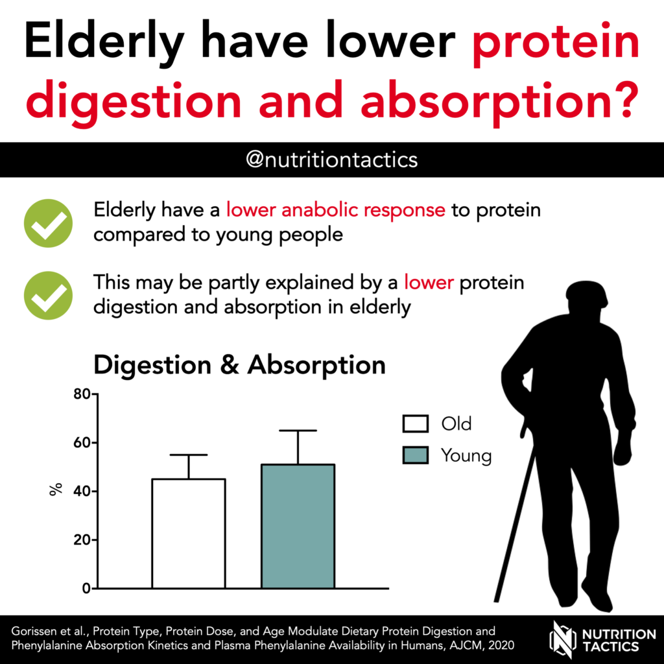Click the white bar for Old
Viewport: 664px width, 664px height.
pyautogui.click(x=189, y=534)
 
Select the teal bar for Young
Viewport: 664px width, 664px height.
pyautogui.click(x=298, y=527)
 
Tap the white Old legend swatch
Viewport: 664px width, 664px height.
pyautogui.click(x=416, y=423)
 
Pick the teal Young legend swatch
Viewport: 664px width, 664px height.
pyautogui.click(x=416, y=455)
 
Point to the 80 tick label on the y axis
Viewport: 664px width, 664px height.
pyautogui.click(x=82, y=394)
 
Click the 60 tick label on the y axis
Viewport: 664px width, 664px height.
pyautogui.click(x=82, y=443)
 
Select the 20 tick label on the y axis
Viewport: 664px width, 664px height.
pyautogui.click(x=82, y=540)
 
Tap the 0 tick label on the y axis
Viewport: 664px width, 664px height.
pyautogui.click(x=86, y=589)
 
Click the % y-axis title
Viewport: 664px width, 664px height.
pyautogui.click(x=56, y=489)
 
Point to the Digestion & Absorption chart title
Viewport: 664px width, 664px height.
pyautogui.click(x=240, y=365)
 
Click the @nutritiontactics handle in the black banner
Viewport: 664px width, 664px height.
pyautogui.click(x=331, y=160)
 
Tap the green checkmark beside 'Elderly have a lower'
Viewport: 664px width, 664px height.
pyautogui.click(x=48, y=223)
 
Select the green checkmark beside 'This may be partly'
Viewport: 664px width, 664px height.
pyautogui.click(x=48, y=295)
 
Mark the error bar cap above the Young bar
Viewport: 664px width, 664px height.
pyautogui.click(x=298, y=431)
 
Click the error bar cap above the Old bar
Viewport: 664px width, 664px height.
pyautogui.click(x=189, y=455)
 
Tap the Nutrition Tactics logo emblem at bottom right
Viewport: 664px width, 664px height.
pyautogui.click(x=563, y=639)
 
